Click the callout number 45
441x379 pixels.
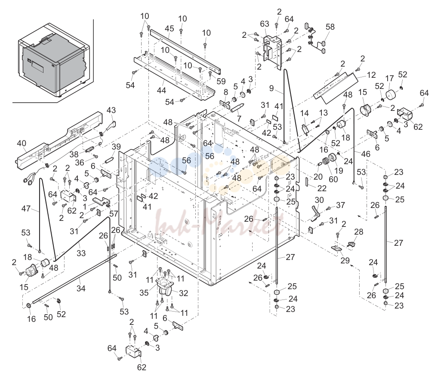(170, 28)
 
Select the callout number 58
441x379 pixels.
(330, 27)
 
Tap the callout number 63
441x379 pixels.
(264, 24)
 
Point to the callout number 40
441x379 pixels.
(22, 143)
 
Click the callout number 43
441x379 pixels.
(111, 110)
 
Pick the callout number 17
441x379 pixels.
(389, 78)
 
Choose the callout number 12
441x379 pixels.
(371, 75)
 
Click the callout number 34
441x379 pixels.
(81, 288)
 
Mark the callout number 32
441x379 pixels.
(183, 293)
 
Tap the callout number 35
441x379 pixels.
(144, 293)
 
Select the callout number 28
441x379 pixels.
(358, 232)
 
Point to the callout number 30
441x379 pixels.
(319, 200)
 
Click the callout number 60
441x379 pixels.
(333, 179)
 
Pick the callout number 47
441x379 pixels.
(26, 208)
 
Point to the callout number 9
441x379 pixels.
(271, 88)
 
